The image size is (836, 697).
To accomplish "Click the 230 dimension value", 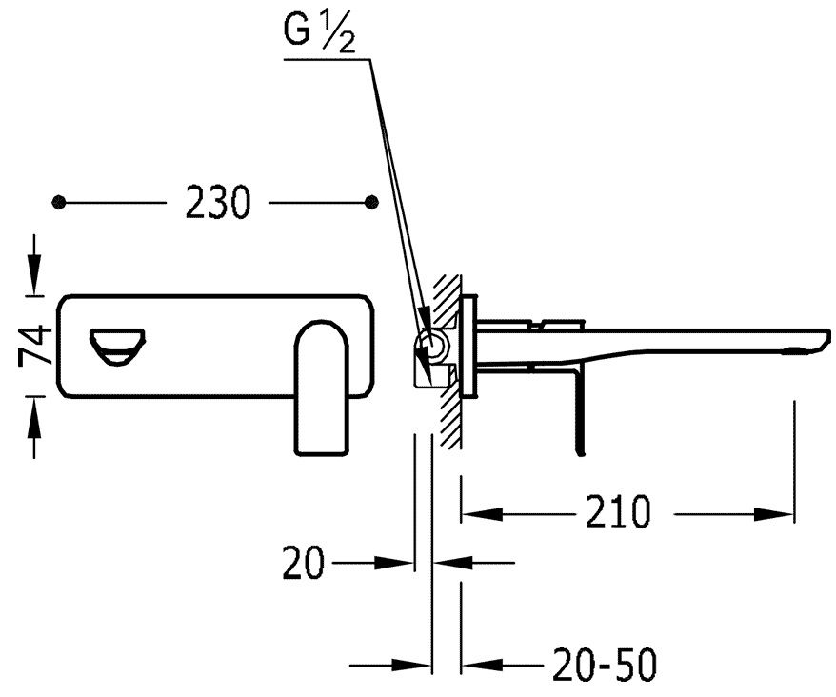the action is click(217, 202).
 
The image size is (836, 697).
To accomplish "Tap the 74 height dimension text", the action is click(35, 346).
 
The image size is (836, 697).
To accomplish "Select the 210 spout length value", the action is click(619, 512).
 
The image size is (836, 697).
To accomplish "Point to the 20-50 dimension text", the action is click(605, 665).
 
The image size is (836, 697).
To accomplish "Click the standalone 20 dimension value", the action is click(303, 562).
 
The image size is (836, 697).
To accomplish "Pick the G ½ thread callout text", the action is click(319, 33).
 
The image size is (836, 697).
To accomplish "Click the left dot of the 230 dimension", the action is click(59, 202).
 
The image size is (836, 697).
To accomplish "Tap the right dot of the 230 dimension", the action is click(372, 202).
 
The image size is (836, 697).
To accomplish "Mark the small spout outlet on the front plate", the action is click(117, 347).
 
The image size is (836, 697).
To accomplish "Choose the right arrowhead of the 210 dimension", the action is click(774, 514).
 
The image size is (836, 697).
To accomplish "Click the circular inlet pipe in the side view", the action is click(434, 345).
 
